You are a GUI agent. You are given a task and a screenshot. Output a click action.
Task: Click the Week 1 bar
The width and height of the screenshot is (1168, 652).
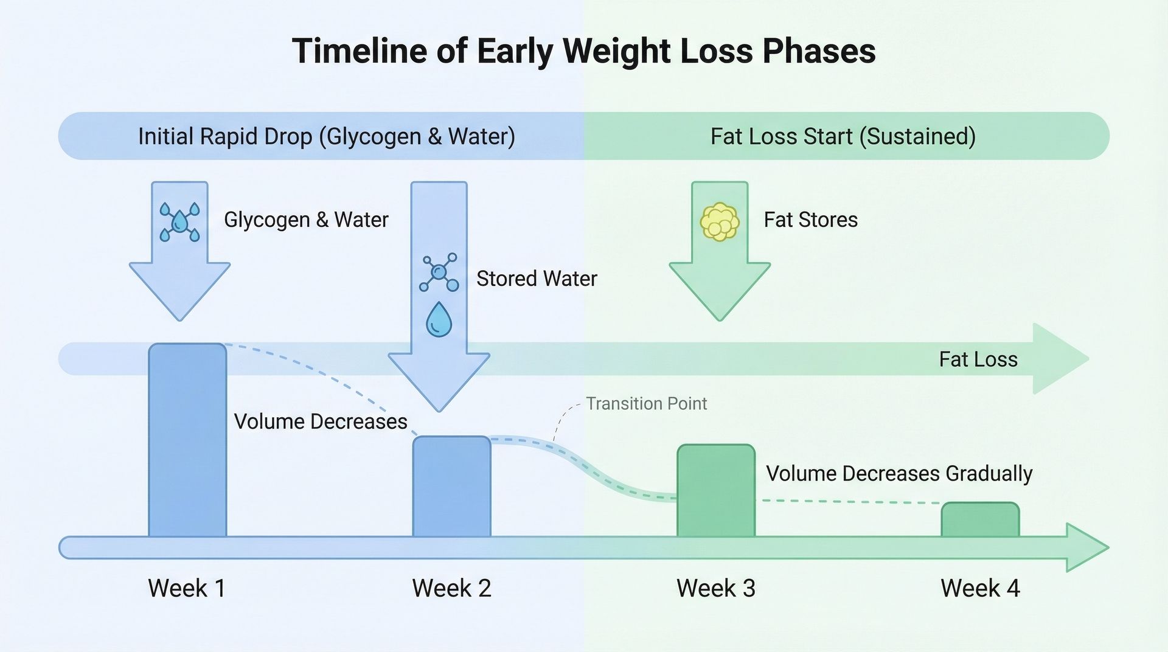(187, 441)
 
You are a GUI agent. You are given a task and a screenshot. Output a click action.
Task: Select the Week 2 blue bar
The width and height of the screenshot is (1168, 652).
(451, 487)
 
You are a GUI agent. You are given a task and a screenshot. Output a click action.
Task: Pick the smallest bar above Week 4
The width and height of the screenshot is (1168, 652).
(980, 520)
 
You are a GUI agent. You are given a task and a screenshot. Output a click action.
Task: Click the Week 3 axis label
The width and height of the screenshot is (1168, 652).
(715, 588)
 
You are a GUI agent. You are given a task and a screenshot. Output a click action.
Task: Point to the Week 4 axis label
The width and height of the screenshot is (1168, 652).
(979, 588)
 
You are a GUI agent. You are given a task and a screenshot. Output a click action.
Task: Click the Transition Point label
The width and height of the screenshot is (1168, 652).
(646, 403)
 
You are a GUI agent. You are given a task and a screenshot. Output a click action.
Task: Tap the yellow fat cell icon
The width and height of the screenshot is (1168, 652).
(720, 222)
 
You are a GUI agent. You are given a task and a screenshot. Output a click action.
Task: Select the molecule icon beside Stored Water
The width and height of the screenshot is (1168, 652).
(439, 272)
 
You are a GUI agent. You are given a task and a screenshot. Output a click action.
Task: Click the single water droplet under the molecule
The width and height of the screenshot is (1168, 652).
(439, 320)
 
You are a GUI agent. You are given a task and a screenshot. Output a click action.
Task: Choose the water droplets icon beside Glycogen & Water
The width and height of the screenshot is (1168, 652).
(179, 221)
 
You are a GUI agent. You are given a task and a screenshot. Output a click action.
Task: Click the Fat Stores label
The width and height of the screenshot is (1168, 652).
(810, 220)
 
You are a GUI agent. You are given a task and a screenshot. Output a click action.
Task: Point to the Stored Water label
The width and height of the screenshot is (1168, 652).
(536, 279)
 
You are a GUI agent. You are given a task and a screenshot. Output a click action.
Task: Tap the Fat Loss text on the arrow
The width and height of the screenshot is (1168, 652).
(978, 359)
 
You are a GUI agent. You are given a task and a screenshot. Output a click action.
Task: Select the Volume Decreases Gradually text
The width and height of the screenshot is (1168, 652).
(899, 473)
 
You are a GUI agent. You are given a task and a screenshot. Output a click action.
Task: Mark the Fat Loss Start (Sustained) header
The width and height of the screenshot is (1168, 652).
(843, 136)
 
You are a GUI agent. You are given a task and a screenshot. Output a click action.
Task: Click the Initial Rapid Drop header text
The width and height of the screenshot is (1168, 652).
(326, 136)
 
